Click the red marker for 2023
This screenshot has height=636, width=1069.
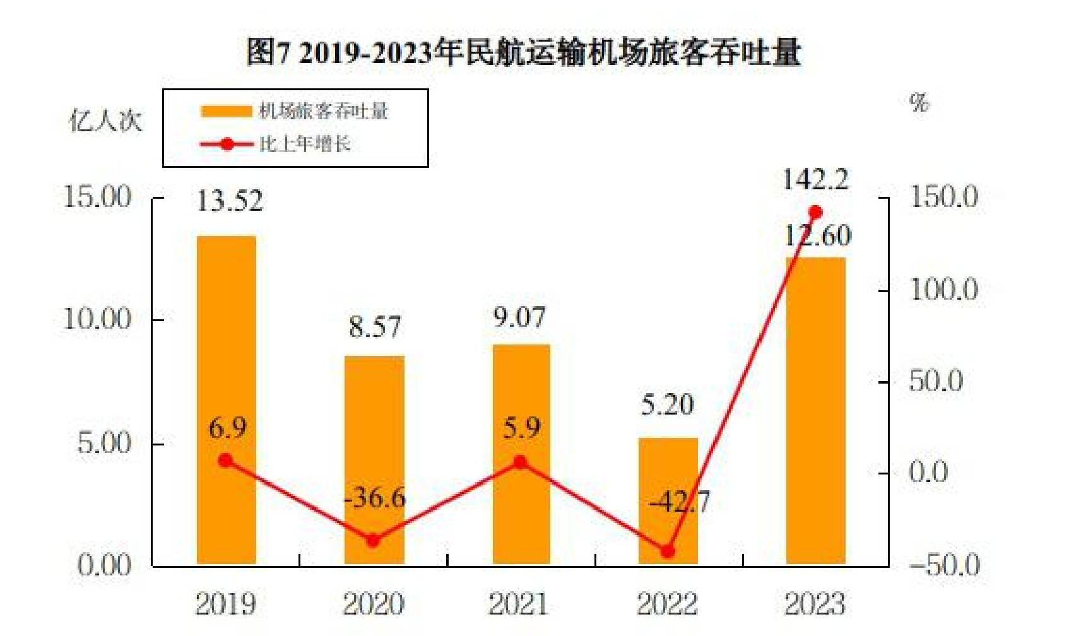tap(815, 213)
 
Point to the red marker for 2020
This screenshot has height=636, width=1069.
tap(374, 541)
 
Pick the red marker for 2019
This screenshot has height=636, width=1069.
tap(226, 461)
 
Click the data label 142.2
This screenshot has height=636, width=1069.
tap(815, 180)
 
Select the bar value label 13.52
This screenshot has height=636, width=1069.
tap(229, 202)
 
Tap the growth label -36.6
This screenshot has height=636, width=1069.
tap(375, 498)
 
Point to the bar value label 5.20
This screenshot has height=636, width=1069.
tap(668, 405)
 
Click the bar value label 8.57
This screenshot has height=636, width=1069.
tap(375, 327)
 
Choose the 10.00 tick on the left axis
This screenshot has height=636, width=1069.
tap(97, 319)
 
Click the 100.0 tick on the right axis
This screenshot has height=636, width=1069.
tap(943, 290)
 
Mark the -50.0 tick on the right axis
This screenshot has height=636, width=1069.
tap(945, 565)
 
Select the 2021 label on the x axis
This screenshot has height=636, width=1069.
tap(519, 604)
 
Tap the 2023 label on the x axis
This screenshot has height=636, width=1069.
tap(815, 604)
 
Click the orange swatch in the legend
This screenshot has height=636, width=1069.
tap(226, 112)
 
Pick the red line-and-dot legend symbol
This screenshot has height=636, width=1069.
tap(227, 144)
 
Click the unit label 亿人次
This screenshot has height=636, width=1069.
tap(105, 121)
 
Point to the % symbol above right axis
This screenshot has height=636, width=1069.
tap(919, 102)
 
